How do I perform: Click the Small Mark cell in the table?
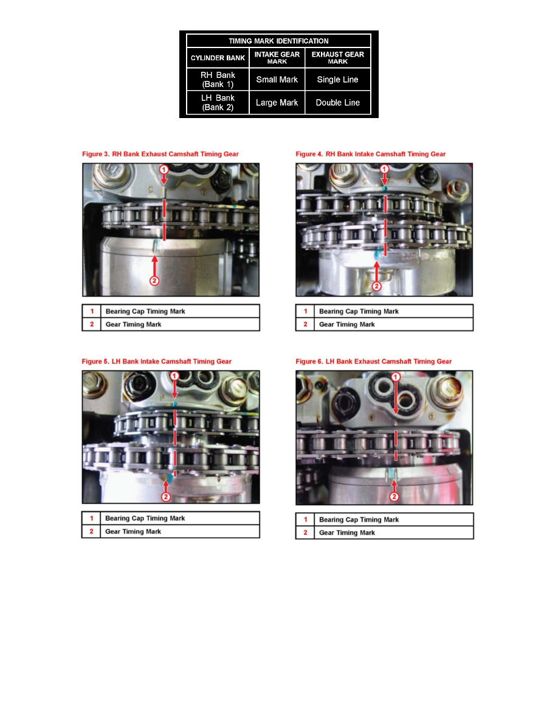pyautogui.click(x=277, y=80)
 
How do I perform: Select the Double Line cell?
pyautogui.click(x=338, y=103)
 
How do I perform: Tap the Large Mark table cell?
pyautogui.click(x=277, y=103)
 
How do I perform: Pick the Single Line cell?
pyautogui.click(x=338, y=80)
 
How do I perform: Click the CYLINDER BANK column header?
pyautogui.click(x=218, y=58)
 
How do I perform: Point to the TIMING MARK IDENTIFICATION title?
pyautogui.click(x=278, y=41)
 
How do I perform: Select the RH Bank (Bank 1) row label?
pyautogui.click(x=218, y=80)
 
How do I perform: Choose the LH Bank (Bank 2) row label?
pyautogui.click(x=218, y=103)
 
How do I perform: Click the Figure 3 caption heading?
pyautogui.click(x=160, y=154)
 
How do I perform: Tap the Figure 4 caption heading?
pyautogui.click(x=371, y=154)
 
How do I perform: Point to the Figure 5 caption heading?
pyautogui.click(x=157, y=361)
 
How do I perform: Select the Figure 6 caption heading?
pyautogui.click(x=374, y=361)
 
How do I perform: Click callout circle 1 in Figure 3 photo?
pyautogui.click(x=164, y=169)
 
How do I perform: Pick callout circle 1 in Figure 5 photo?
pyautogui.click(x=175, y=377)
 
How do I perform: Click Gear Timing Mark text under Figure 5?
pyautogui.click(x=133, y=531)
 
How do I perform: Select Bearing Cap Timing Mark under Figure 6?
pyautogui.click(x=359, y=520)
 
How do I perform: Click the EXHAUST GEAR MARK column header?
pyautogui.click(x=338, y=58)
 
